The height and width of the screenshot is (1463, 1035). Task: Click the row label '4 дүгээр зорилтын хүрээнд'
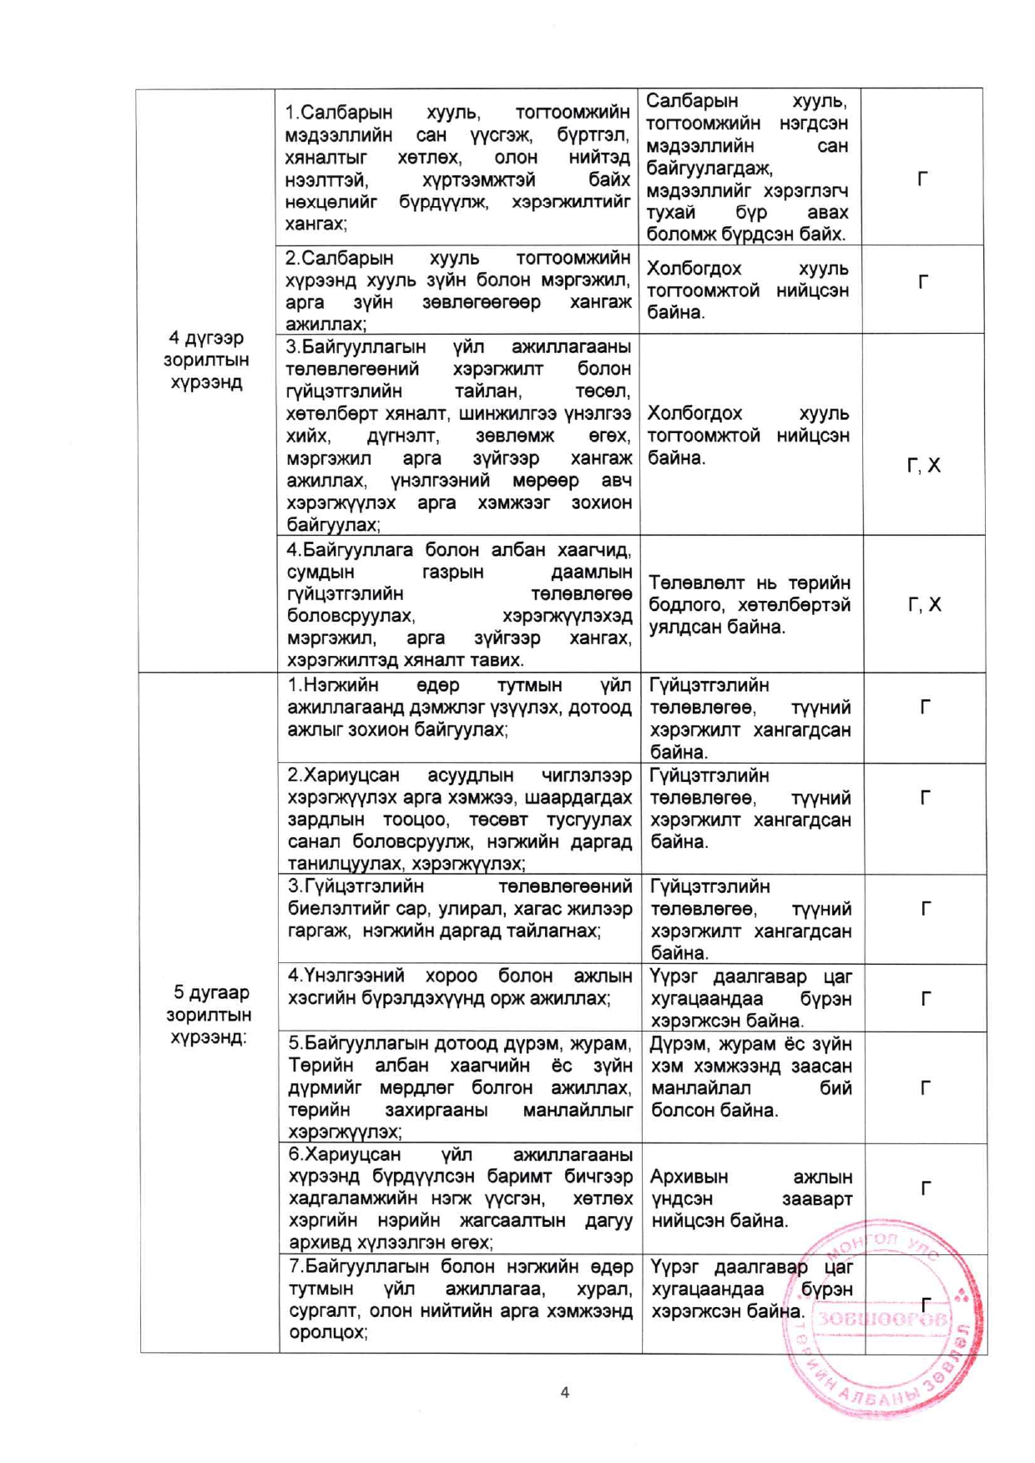point(205,360)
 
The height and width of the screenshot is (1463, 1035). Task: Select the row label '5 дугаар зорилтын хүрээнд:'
point(210,1015)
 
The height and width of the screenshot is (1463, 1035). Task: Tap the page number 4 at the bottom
point(565,1392)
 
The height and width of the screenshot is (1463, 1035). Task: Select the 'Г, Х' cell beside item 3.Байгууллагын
point(923,466)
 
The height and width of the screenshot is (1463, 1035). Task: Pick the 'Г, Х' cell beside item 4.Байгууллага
point(924,604)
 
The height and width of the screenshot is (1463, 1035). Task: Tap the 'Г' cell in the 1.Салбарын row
point(922,179)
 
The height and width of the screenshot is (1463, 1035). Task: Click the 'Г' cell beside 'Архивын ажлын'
point(925,1188)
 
